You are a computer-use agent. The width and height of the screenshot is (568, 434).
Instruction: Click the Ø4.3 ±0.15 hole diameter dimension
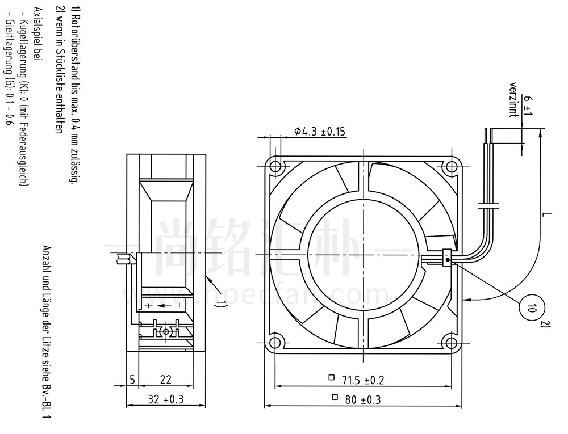[319, 131]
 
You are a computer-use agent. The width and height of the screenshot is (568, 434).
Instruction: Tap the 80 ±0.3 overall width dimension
[357, 399]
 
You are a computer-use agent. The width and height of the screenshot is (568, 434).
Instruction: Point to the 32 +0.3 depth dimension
[165, 399]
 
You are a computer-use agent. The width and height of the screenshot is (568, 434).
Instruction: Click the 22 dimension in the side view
[165, 380]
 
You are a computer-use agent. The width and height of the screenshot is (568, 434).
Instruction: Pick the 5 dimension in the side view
[132, 380]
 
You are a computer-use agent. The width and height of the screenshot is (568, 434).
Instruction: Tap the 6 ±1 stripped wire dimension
[528, 106]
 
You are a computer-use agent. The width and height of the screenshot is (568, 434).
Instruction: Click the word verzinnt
[512, 100]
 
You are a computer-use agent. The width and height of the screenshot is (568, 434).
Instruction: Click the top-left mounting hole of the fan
[275, 166]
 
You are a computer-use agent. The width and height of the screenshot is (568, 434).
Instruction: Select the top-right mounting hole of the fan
[452, 166]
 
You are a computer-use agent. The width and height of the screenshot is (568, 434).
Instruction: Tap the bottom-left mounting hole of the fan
[275, 342]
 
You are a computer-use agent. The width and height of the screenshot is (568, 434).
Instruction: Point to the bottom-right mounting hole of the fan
[452, 342]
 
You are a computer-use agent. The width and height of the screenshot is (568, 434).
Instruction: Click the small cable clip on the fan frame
[448, 258]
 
